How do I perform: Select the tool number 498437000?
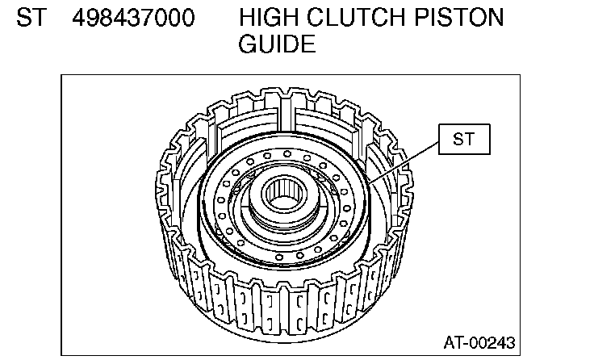[133, 18]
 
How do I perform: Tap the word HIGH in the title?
[270, 18]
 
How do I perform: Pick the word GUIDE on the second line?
[277, 44]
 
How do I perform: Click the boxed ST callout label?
[464, 140]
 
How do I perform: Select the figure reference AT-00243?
[479, 341]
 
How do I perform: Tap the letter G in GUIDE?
[248, 44]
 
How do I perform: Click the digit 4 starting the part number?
[78, 18]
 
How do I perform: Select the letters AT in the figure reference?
[453, 341]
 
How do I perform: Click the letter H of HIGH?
[247, 18]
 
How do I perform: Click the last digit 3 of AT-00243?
[510, 341]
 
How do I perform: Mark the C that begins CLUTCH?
[315, 18]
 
